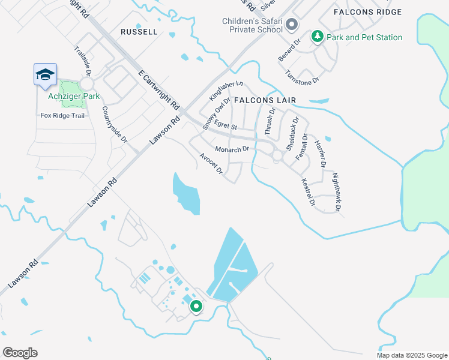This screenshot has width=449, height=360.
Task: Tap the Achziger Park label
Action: [74, 95]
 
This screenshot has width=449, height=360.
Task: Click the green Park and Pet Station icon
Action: [316, 37]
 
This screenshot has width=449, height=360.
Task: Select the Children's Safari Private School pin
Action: [291, 25]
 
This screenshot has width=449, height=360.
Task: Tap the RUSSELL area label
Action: [139, 31]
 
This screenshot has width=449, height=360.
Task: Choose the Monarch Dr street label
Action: [232, 149]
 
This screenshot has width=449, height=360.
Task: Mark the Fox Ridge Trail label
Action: [62, 115]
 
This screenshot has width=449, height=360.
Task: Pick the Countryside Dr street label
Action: [115, 124]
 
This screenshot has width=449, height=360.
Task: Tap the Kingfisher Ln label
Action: [226, 91]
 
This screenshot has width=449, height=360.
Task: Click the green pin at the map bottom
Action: [196, 307]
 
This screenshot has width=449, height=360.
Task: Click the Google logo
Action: [20, 353]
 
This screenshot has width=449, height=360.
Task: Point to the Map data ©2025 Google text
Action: [411, 355]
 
